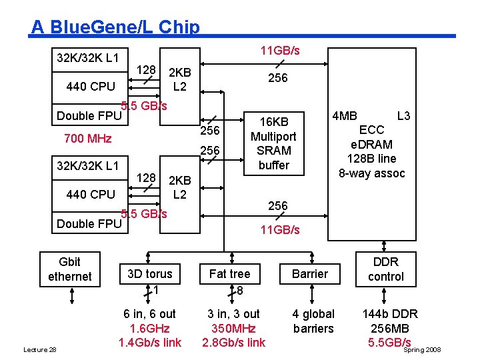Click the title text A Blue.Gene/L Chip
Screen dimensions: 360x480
[115, 27]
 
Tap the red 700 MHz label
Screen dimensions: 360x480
[87, 139]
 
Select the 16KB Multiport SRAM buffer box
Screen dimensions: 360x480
[273, 143]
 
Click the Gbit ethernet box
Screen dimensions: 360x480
[69, 269]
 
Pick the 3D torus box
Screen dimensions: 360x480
[149, 274]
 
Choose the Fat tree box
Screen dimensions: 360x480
[229, 274]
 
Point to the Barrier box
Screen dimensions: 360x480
[310, 274]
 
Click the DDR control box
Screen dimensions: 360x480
[385, 269]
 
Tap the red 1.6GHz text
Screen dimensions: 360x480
[149, 328]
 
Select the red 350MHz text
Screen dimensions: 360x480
[233, 328]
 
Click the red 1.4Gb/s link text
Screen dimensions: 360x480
[149, 343]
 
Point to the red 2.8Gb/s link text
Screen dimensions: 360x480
[233, 343]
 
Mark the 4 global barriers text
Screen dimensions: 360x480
[313, 321]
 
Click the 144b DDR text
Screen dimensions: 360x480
[389, 314]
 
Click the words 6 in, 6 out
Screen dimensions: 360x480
[149, 314]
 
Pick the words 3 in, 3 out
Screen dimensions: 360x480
[233, 314]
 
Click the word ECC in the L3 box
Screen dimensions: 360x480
[371, 130]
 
